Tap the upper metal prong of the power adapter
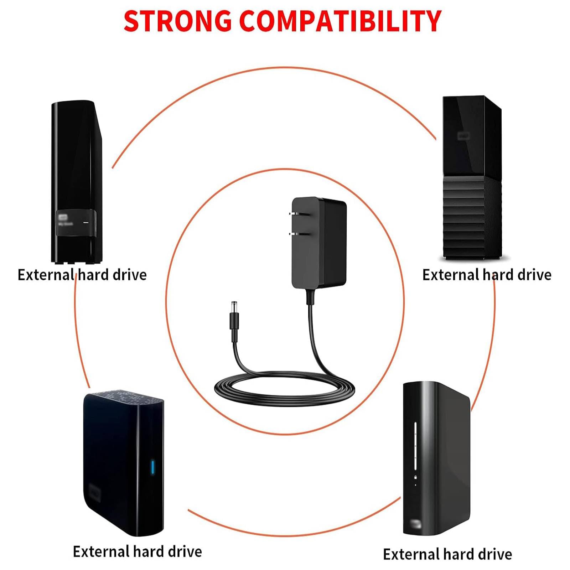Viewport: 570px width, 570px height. point(294,214)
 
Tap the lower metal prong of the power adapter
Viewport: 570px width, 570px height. point(294,234)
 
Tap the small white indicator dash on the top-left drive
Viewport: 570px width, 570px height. point(86,222)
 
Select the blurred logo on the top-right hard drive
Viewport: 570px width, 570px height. point(463,136)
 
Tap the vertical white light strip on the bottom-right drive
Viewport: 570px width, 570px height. point(415,447)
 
